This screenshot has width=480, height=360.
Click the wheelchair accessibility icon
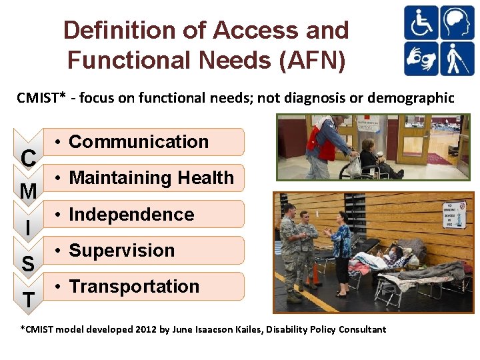[x=421, y=23]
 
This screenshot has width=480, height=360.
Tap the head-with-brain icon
[x=457, y=23]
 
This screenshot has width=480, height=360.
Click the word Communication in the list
[x=139, y=142]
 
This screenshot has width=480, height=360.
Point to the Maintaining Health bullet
[x=151, y=178]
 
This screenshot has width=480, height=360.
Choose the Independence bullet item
[x=131, y=215]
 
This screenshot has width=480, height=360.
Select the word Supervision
[x=121, y=251]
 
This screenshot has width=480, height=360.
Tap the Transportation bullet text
[x=134, y=287]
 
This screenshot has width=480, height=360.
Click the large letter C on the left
[x=28, y=158]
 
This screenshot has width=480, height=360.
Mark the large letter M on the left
[x=28, y=192]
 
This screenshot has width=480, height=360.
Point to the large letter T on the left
[x=28, y=300]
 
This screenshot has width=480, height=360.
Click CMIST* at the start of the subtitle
[x=41, y=98]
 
